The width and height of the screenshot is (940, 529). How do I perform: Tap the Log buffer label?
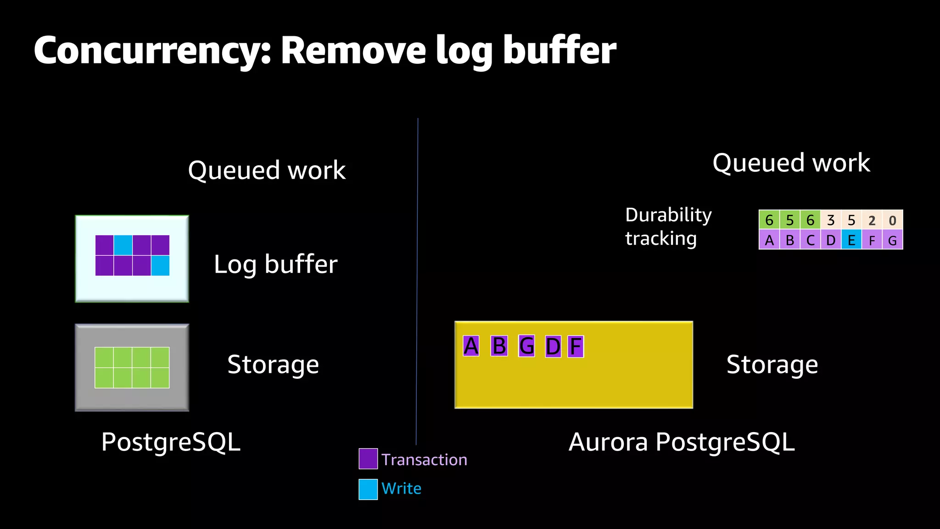pyautogui.click(x=275, y=264)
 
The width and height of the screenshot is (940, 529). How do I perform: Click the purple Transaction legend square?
pyautogui.click(x=368, y=459)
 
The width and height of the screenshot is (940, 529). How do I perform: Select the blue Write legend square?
pyautogui.click(x=368, y=489)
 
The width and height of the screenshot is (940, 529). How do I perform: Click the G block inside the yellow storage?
pyautogui.click(x=526, y=346)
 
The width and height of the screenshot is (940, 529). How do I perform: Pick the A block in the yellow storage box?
pyautogui.click(x=471, y=346)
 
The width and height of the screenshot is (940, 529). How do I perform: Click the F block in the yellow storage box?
pyautogui.click(x=576, y=346)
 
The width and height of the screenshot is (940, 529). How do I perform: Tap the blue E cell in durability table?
pyautogui.click(x=851, y=240)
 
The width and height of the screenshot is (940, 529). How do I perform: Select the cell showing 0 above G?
pyautogui.click(x=892, y=220)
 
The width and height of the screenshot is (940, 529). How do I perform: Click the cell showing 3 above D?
pyautogui.click(x=831, y=220)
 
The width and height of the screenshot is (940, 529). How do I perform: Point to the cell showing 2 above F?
pyautogui.click(x=872, y=220)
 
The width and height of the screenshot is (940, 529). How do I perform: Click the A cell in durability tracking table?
pyautogui.click(x=769, y=240)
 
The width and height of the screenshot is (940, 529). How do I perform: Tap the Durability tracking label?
pyautogui.click(x=668, y=226)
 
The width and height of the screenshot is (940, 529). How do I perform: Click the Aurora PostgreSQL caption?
pyautogui.click(x=681, y=442)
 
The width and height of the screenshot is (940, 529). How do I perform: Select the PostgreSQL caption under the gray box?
pyautogui.click(x=171, y=442)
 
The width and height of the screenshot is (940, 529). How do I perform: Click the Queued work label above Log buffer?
pyautogui.click(x=267, y=170)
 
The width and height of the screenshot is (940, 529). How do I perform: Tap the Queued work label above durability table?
pyautogui.click(x=791, y=163)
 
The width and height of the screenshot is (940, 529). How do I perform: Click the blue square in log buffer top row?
pyautogui.click(x=123, y=245)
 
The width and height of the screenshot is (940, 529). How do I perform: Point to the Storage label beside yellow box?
pyautogui.click(x=772, y=365)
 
